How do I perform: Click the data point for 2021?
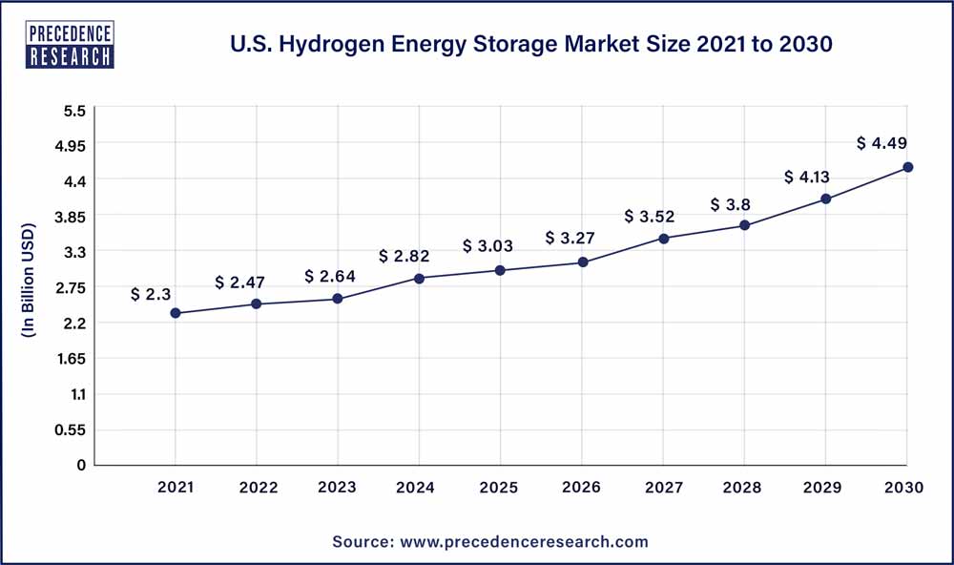[x=176, y=313]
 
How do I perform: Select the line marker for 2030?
[x=908, y=167]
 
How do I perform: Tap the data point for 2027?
[x=664, y=239]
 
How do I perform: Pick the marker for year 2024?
[x=420, y=278]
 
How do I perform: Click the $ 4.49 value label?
[x=881, y=143]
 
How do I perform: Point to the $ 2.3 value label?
[x=150, y=295]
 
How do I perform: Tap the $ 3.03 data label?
[x=487, y=246]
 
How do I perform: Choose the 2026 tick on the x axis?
[x=582, y=488]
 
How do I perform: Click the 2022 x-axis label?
[x=257, y=488]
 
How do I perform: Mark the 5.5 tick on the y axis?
[x=75, y=111]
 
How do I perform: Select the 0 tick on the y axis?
[x=81, y=466]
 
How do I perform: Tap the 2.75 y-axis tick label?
[x=70, y=288]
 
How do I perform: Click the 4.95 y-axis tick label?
[x=70, y=146]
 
